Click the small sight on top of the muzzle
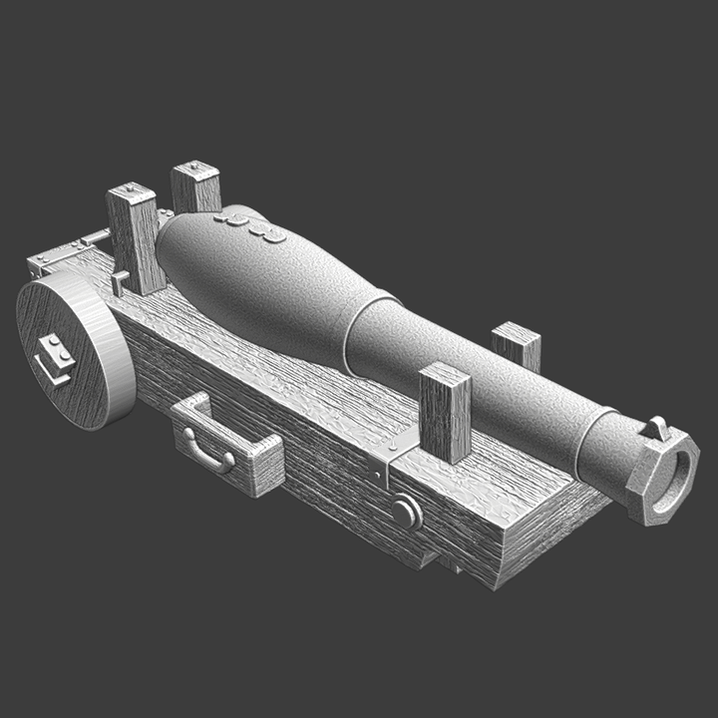(657, 428)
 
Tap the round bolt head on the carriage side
(405, 513)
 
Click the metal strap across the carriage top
(384, 460)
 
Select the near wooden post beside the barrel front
(445, 413)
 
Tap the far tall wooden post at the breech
(195, 187)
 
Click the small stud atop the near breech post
(130, 188)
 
